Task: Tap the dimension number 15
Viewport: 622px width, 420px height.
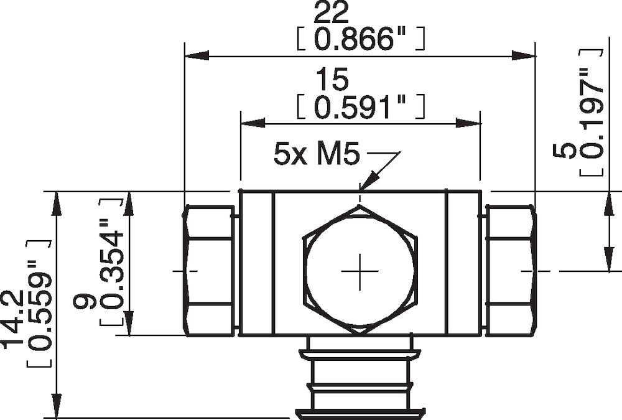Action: pyautogui.click(x=333, y=80)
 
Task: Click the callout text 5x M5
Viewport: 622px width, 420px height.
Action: pyautogui.click(x=317, y=154)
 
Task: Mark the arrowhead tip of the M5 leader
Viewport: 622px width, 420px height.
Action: pyautogui.click(x=361, y=189)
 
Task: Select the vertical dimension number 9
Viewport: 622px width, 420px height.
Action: pyautogui.click(x=84, y=303)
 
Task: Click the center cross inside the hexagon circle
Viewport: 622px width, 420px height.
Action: pyautogui.click(x=360, y=271)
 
